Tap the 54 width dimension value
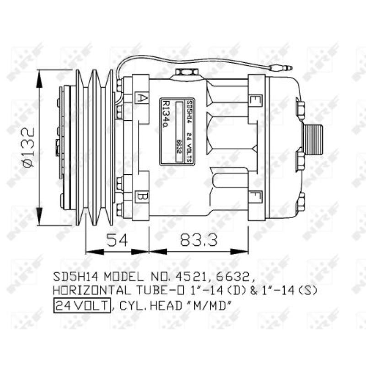pyautogui.click(x=117, y=239)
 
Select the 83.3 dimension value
pyautogui.click(x=197, y=239)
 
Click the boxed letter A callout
pyautogui.click(x=142, y=98)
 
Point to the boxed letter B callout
pyautogui.click(x=142, y=198)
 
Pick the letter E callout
pyautogui.click(x=254, y=100)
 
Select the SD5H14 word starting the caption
pyautogui.click(x=70, y=277)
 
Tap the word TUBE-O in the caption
pyautogui.click(x=143, y=291)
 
